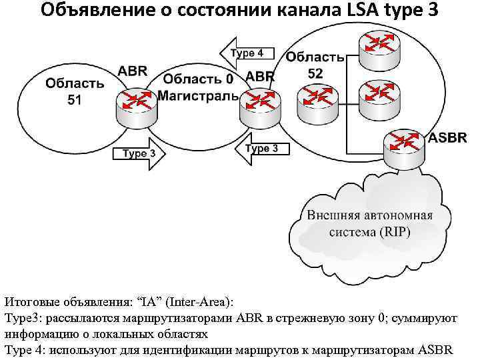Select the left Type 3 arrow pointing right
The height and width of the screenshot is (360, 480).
142,153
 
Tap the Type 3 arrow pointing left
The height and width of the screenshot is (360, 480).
261,148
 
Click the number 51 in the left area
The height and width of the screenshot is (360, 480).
75,99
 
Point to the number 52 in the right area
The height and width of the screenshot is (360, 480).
315,73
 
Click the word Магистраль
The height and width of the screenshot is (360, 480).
198,96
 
